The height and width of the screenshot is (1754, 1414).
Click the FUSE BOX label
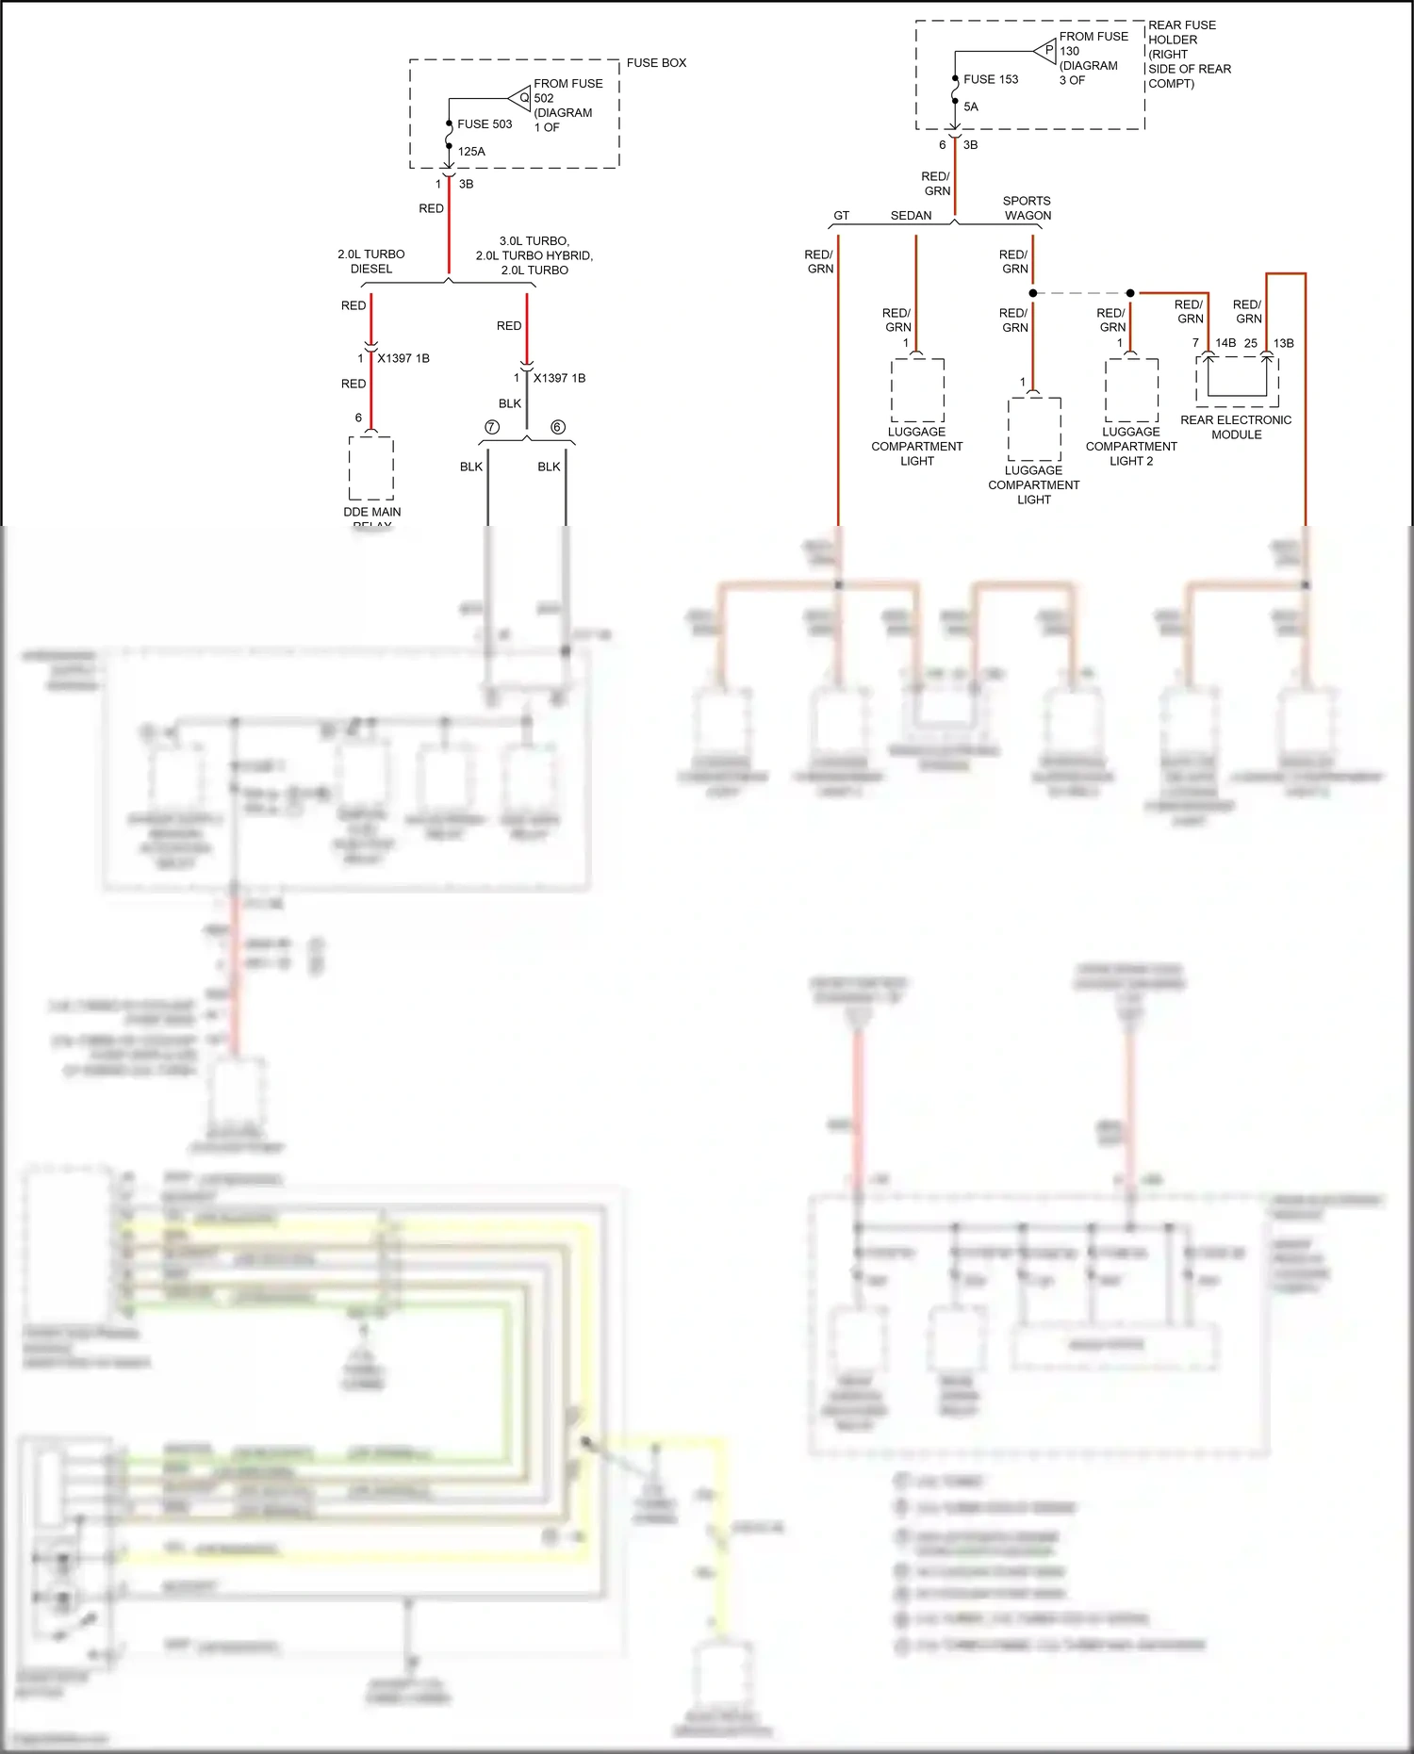(x=656, y=63)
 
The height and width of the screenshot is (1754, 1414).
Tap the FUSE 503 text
(x=485, y=124)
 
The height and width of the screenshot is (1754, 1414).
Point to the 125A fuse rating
(x=471, y=152)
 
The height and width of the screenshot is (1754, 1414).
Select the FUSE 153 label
(x=991, y=80)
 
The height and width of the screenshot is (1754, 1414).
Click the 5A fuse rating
(x=971, y=107)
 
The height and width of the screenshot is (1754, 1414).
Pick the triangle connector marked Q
(x=521, y=97)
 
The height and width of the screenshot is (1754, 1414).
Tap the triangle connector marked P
(x=1046, y=51)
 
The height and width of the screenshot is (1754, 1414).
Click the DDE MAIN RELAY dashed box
(x=371, y=467)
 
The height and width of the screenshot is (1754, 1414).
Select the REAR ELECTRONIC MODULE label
(x=1236, y=427)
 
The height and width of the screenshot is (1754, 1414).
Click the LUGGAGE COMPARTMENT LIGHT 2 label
(x=1131, y=447)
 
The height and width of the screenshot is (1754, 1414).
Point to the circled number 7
(x=491, y=427)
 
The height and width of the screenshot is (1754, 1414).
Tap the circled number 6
(x=557, y=427)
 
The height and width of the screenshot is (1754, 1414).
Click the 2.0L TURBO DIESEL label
(x=371, y=262)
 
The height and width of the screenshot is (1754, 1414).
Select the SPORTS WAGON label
(x=1027, y=208)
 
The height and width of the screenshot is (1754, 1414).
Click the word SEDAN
(x=911, y=216)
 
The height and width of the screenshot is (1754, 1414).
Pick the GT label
(x=841, y=216)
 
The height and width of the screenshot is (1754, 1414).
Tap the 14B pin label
(x=1225, y=343)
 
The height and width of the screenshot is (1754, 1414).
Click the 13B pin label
(x=1284, y=343)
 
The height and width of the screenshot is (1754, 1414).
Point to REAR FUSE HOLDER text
(x=1182, y=33)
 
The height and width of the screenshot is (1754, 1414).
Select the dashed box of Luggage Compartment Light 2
(x=1132, y=390)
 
